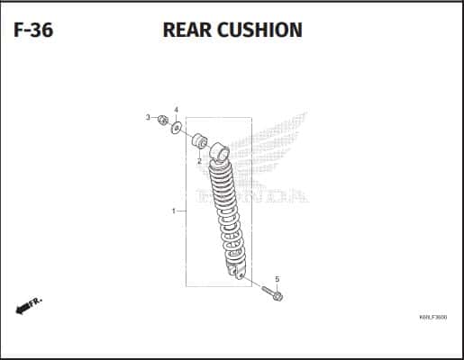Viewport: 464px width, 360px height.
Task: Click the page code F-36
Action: point(33,30)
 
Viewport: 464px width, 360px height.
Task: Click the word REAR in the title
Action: point(187,30)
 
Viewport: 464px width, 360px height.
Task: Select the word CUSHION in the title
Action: point(259,30)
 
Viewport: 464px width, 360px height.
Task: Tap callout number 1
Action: point(173,211)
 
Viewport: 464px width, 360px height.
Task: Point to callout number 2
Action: point(199,162)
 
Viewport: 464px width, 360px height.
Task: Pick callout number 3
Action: point(148,117)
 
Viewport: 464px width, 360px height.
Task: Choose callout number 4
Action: point(176,110)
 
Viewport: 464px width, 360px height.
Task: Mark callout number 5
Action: point(277,279)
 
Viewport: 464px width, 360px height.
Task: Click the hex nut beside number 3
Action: point(162,120)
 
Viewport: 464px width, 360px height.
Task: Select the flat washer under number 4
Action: point(177,128)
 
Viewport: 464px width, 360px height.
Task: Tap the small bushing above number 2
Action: point(199,141)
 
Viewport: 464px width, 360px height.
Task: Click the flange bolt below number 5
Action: point(272,293)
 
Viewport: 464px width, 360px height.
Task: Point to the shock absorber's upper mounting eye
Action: point(219,152)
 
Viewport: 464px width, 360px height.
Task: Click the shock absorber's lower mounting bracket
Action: point(238,272)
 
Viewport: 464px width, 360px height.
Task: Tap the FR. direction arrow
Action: point(29,306)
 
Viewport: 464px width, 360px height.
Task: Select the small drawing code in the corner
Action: point(432,317)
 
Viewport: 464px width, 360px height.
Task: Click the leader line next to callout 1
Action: point(181,211)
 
